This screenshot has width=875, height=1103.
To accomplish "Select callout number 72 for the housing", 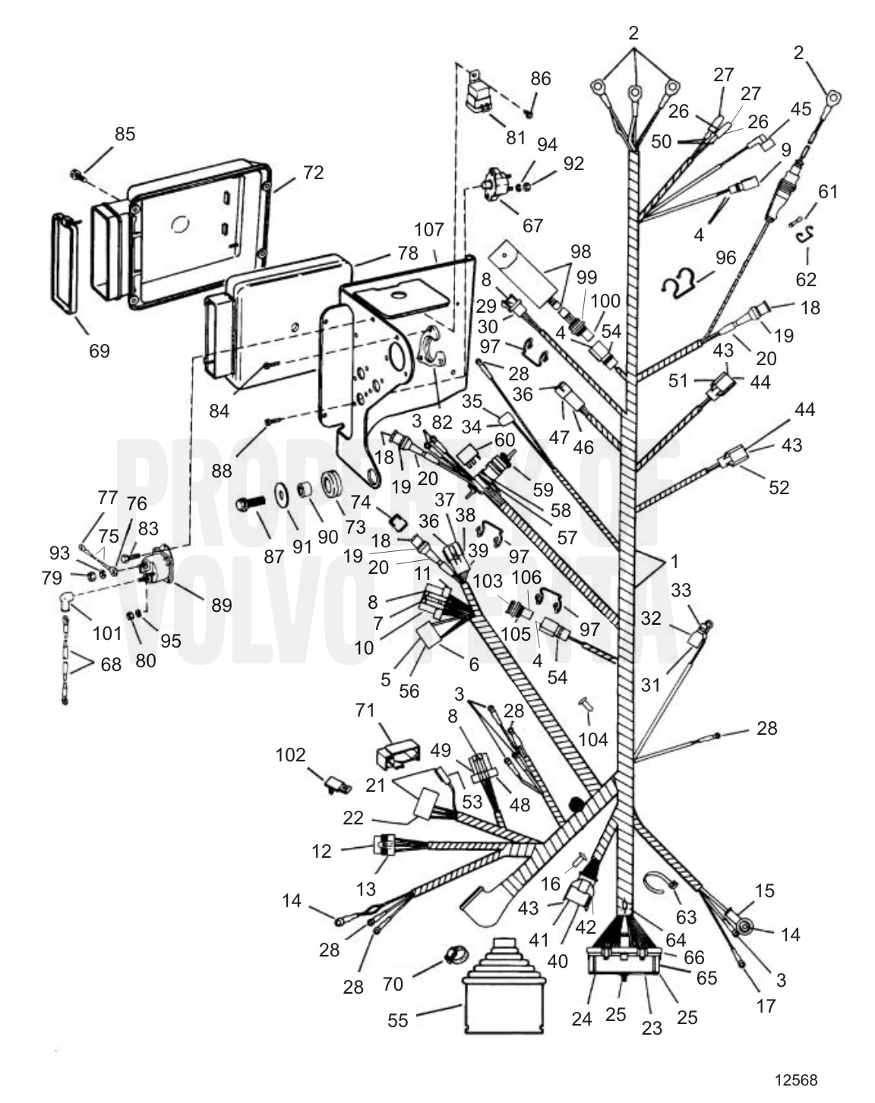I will (x=313, y=173).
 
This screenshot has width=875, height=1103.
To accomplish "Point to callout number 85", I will (x=125, y=134).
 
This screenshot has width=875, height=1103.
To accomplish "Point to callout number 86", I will (x=541, y=79).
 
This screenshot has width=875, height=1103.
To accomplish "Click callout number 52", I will (x=779, y=487).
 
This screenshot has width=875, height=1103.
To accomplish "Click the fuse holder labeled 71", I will (x=397, y=754).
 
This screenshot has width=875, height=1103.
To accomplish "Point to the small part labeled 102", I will (x=334, y=783).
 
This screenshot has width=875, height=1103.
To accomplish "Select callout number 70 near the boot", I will (x=393, y=985).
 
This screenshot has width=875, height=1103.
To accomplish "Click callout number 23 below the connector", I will (x=652, y=1028).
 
